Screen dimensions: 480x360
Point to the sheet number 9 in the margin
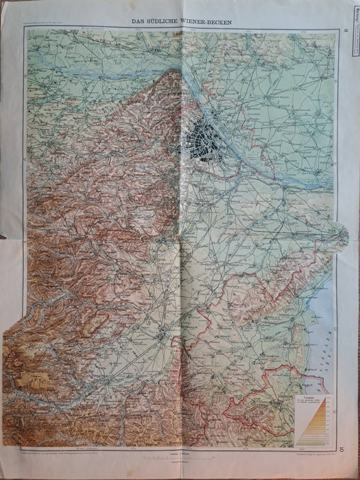pos(346,28)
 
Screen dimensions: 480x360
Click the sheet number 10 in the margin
pos(346,450)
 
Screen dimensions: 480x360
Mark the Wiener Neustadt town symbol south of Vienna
pos(162,335)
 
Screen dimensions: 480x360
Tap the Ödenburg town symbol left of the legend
pos(274,402)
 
